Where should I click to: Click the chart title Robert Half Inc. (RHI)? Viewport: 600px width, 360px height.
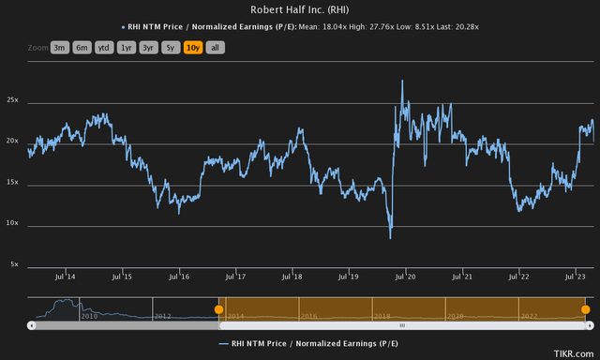click(x=299, y=10)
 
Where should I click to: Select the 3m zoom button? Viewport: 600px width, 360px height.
click(x=59, y=47)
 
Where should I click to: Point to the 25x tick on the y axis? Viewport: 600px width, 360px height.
click(x=15, y=98)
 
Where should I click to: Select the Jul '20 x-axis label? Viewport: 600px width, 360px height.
click(x=406, y=277)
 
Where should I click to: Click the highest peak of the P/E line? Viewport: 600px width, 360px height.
click(x=402, y=81)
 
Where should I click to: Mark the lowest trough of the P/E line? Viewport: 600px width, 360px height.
click(x=391, y=238)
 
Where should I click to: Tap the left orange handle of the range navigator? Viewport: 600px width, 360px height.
click(x=218, y=308)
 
